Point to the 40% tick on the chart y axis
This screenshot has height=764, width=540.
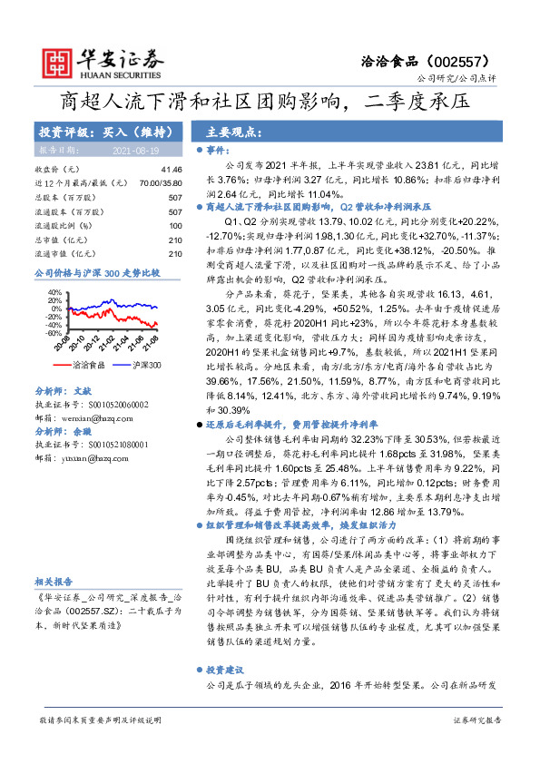(x=54, y=292)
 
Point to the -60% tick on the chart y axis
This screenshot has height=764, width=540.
(x=54, y=333)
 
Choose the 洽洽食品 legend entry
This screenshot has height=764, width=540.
(x=89, y=365)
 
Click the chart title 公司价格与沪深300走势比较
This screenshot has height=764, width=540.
(x=96, y=272)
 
